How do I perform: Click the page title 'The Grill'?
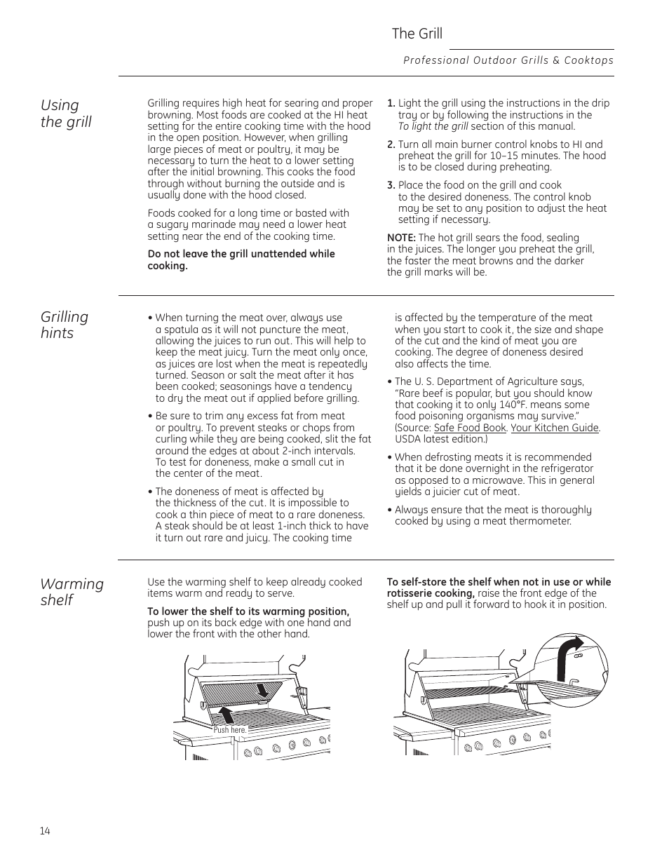point(417,34)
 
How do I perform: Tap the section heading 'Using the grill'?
point(66,114)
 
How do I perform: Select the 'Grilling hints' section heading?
point(65,325)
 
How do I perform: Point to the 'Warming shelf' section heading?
point(72,592)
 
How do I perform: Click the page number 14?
point(45,831)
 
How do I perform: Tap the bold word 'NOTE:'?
point(401,238)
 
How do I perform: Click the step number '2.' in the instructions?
point(391,144)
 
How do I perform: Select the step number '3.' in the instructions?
point(391,185)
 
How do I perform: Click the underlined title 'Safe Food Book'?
point(469,428)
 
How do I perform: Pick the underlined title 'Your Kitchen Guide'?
point(554,428)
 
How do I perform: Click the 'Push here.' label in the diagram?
point(230,730)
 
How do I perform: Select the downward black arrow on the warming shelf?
point(262,689)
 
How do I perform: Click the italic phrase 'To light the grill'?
point(433,126)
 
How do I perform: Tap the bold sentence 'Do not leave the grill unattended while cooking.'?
point(241,259)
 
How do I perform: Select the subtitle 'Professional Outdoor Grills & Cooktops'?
point(508,60)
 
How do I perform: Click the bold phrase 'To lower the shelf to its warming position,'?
point(248,611)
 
